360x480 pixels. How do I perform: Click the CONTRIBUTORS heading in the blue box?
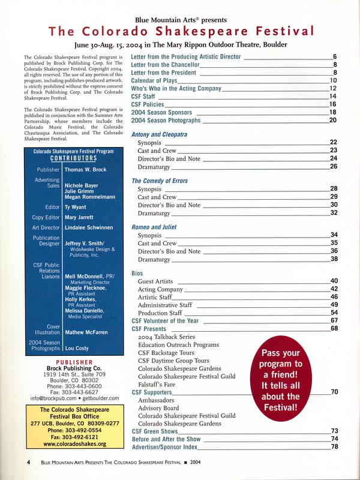(x=71, y=160)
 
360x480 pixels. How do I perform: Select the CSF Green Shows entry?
(x=155, y=431)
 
